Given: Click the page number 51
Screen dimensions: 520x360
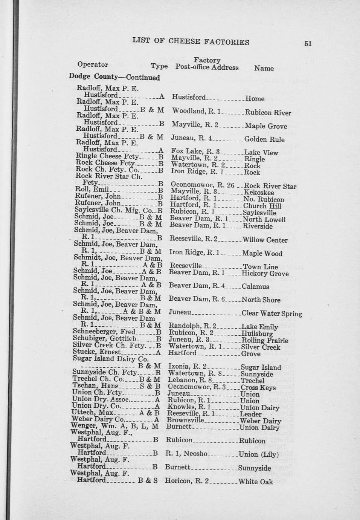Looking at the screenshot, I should (x=308, y=43).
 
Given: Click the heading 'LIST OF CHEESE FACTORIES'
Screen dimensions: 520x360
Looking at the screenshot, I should (x=191, y=41).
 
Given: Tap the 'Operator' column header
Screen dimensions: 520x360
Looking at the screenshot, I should (x=93, y=64).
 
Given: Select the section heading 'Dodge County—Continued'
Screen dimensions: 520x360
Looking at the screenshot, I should (x=114, y=77).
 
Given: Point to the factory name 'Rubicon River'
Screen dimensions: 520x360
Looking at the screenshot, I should (x=268, y=113).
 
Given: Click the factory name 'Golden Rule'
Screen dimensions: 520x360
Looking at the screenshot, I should (x=264, y=139).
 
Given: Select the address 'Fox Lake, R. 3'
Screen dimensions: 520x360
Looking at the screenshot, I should (x=195, y=152).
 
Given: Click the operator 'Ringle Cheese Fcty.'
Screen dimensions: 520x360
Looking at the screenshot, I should (x=108, y=156).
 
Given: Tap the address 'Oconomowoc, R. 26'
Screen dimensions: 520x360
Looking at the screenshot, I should (x=203, y=185).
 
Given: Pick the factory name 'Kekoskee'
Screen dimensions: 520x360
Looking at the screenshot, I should (x=259, y=193).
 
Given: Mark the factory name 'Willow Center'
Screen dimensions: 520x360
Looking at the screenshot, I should (x=265, y=240).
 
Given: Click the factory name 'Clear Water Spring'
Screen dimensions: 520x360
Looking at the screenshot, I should (x=272, y=314).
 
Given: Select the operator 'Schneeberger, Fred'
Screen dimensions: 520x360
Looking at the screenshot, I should (x=104, y=332).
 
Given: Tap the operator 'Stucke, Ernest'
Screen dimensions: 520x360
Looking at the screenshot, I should (x=97, y=352).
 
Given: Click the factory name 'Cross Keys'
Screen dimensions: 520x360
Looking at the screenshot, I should (x=258, y=388).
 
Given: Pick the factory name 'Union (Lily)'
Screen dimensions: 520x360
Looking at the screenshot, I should (x=258, y=454).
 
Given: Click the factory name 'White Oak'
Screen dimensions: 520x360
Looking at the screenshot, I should (x=255, y=482).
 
